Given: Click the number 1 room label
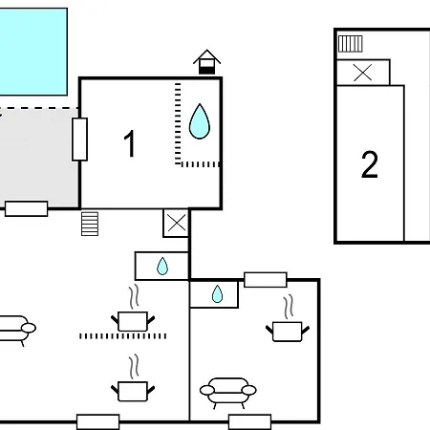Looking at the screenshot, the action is click(130, 143).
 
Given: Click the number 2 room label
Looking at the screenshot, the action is click(370, 164).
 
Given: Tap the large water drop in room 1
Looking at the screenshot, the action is click(200, 121).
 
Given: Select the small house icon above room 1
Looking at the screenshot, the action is click(206, 62).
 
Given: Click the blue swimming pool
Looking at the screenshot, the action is click(33, 52).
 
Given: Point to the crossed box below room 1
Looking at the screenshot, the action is click(176, 223).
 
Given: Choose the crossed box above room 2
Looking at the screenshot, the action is click(363, 73).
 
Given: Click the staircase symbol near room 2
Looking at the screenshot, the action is click(351, 44).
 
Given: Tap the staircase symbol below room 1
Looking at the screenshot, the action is click(90, 224).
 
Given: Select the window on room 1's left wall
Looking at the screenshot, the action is click(79, 140).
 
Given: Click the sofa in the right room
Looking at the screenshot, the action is click(228, 393).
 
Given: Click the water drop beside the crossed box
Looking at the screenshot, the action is click(162, 266).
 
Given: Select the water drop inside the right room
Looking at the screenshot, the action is click(217, 293).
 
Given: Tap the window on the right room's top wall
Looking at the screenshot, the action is click(266, 280).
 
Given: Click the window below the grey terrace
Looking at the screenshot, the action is click(27, 208).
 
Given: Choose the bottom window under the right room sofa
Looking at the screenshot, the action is click(250, 422).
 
